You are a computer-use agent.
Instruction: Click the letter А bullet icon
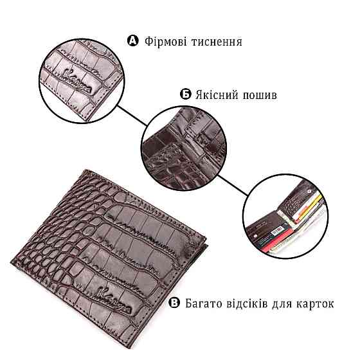133,42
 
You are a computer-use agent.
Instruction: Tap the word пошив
261,95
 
